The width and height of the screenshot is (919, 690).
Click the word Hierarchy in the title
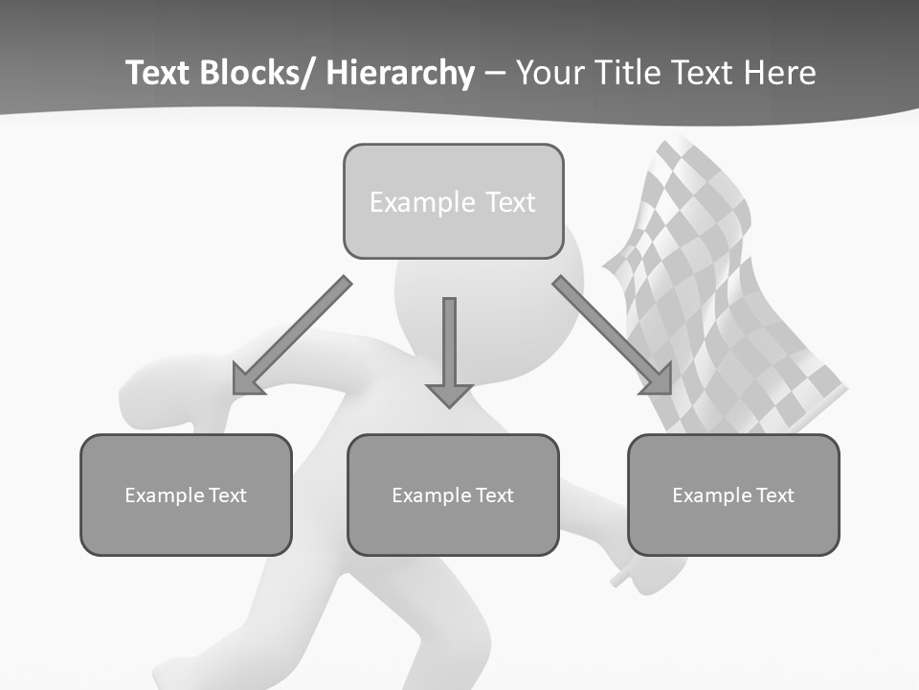click(400, 73)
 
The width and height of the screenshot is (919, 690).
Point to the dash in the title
click(495, 75)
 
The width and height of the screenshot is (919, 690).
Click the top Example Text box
click(453, 201)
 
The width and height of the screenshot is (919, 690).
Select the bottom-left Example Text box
click(186, 494)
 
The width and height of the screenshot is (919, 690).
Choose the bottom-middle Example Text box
click(453, 494)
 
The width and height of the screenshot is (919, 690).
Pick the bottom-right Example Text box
click(733, 494)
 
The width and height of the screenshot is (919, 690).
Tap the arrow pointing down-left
click(292, 335)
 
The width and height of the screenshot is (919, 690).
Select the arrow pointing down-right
click(613, 335)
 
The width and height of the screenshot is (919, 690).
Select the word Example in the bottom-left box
click(159, 495)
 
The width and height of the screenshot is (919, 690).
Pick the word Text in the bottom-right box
click(774, 495)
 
